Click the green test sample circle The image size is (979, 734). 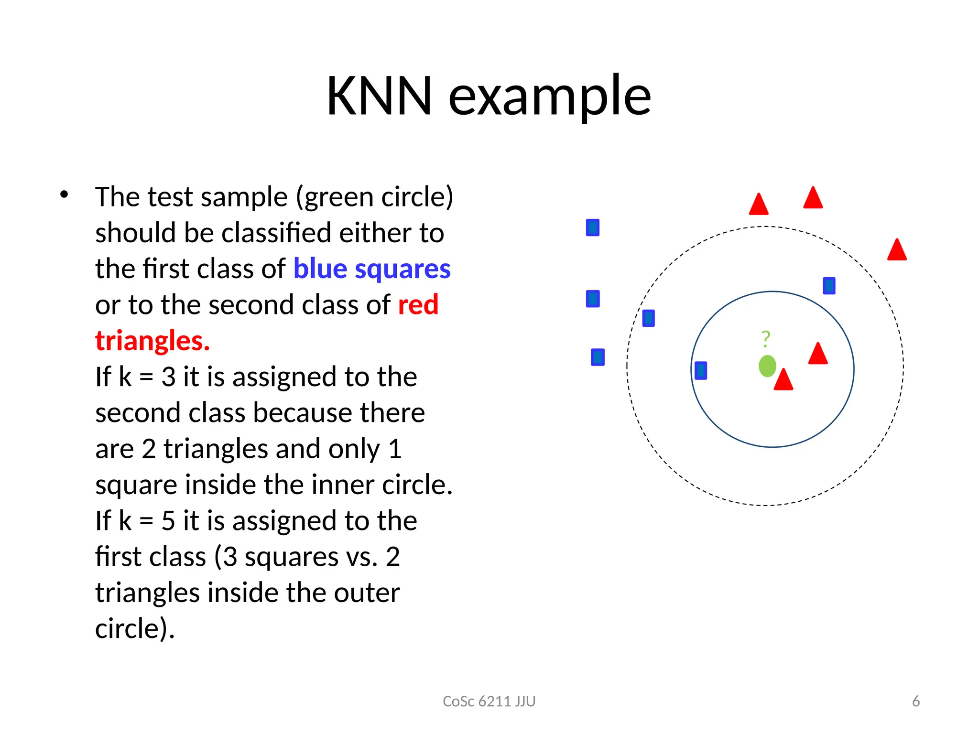767,366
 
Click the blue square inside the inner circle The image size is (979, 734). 700,370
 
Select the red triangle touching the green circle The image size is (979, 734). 783,380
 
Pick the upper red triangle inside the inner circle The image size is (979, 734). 817,355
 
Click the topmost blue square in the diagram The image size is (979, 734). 592,227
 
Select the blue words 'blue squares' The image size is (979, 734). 371,269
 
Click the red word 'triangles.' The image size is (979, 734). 152,341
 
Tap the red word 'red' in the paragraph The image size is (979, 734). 418,305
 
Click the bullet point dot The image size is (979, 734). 64,194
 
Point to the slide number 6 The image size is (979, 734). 915,701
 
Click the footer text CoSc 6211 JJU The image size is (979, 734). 489,701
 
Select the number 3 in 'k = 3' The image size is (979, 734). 168,377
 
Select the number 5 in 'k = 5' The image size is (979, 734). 168,521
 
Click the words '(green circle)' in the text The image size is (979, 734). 374,197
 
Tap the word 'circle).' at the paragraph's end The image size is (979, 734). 135,628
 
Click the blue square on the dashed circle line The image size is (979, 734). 648,318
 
